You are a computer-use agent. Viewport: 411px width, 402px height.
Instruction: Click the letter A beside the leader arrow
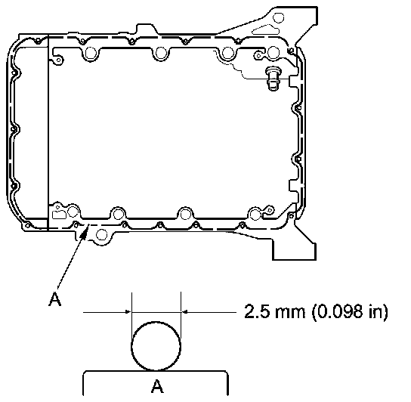pos(55,299)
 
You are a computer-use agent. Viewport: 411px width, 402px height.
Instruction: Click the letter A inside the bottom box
pos(157,385)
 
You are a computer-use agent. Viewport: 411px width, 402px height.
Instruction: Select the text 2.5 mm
pos(275,311)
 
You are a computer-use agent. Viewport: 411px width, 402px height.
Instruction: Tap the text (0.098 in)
pos(350,312)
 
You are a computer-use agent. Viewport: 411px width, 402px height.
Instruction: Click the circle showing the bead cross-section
pos(156,346)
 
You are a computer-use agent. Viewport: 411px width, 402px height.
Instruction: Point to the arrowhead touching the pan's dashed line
pos(85,232)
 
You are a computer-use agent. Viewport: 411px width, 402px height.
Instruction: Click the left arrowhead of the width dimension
pos(128,312)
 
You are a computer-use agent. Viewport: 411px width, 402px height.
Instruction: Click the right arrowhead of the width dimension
pos(184,312)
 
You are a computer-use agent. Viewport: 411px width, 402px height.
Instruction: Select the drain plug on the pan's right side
pos(273,78)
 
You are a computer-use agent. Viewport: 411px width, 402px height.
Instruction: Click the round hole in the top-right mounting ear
pos(278,18)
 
